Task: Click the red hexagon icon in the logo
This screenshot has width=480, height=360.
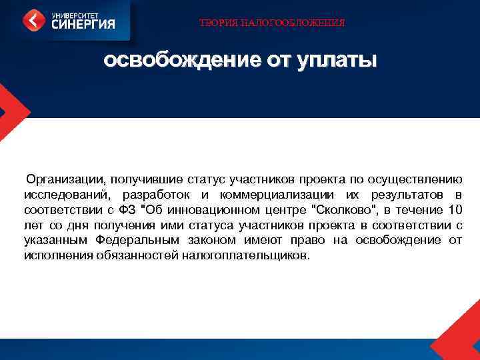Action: (34, 21)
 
